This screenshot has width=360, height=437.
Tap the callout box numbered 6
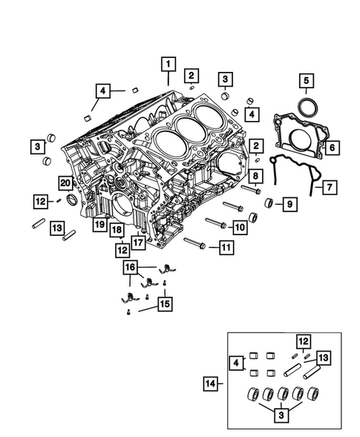point(332,148)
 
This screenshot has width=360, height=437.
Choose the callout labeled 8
point(255,176)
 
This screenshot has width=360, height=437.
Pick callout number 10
point(240,226)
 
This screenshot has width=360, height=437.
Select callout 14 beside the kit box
point(211,384)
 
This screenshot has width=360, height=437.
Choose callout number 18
point(117,230)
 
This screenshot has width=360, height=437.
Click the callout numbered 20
point(65,183)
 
